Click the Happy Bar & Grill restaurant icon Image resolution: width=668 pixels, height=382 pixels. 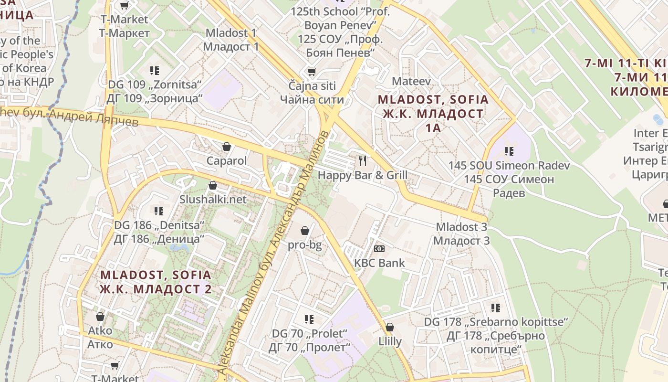click(363, 160)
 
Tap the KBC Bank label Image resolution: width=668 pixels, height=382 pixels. click(379, 263)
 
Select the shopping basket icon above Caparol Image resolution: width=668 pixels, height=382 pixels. click(227, 146)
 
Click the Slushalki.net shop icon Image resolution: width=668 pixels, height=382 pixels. click(213, 185)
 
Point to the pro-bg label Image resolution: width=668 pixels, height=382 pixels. click(304, 245)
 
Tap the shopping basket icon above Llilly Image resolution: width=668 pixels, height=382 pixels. click(390, 327)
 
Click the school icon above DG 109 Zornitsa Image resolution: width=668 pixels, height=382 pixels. click(154, 71)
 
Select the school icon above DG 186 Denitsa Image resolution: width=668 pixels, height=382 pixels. click(158, 211)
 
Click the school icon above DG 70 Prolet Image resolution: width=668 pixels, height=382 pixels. click(309, 318)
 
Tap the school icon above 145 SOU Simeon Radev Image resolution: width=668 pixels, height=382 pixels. click(509, 151)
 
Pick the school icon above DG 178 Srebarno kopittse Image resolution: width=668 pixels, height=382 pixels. click(496, 308)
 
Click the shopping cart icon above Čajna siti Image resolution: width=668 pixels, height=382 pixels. click(312, 72)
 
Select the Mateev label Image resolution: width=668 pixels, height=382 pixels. click(411, 81)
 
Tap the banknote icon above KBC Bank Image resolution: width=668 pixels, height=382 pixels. click(379, 248)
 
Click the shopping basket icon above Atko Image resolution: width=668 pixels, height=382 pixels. click(100, 316)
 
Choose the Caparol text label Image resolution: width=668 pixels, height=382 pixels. click(227, 160)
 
